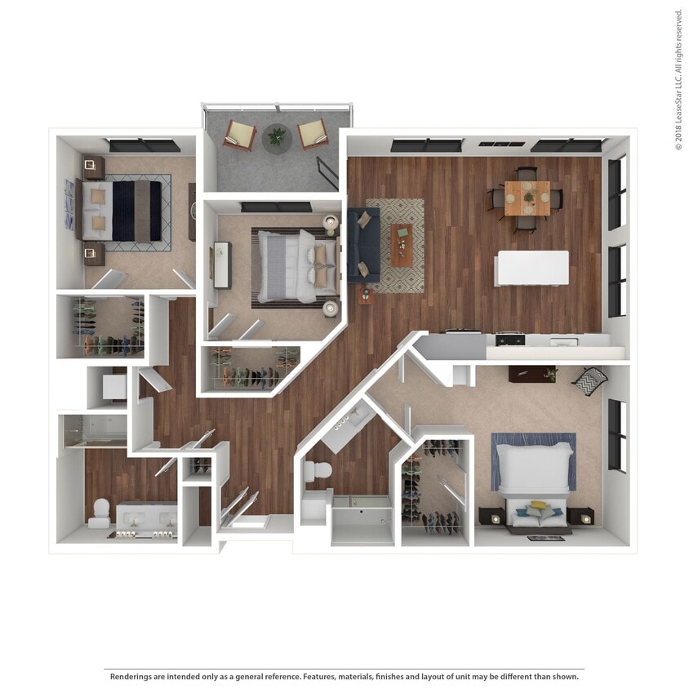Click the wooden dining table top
(527, 197)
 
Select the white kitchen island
(533, 268)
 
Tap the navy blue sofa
(363, 244)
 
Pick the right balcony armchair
(313, 133)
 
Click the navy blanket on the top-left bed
(124, 210)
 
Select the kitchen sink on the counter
(563, 341)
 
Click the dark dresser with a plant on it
(531, 373)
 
